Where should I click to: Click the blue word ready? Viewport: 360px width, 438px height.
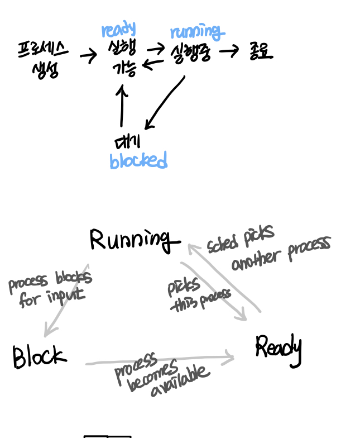tap(118, 30)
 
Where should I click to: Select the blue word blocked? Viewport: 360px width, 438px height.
tap(138, 161)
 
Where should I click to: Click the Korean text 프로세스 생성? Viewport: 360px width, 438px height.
tap(44, 60)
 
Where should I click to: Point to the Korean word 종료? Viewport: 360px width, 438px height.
tap(261, 52)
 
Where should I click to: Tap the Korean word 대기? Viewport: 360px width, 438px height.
tap(127, 140)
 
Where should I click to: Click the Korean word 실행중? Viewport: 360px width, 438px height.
tap(191, 53)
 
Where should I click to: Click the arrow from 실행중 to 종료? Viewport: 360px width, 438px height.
tap(229, 52)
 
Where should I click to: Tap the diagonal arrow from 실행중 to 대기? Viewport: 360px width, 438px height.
tap(164, 102)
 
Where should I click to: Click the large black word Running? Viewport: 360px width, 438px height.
tap(134, 240)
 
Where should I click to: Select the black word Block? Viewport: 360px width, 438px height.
tap(39, 356)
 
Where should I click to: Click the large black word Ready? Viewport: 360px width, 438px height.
tap(279, 349)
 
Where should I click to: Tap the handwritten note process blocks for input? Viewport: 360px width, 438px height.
tap(50, 288)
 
